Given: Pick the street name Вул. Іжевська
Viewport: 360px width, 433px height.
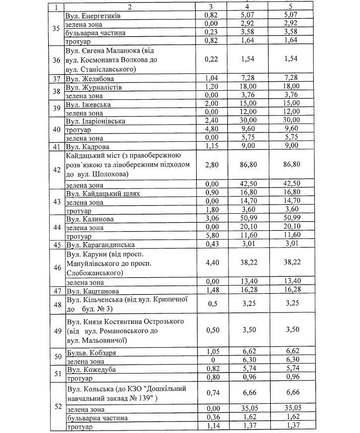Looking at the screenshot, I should pos(88,105).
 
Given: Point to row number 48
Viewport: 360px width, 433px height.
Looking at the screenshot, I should pos(56,305).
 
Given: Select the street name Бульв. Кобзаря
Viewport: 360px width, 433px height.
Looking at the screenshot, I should pos(91,352).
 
